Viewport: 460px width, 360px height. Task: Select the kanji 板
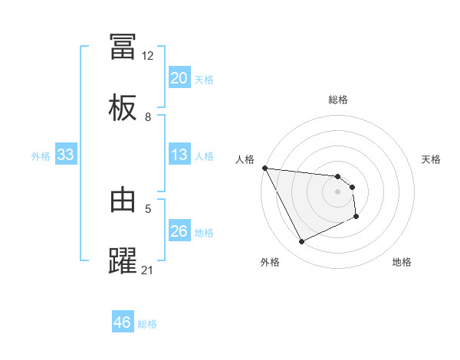(x=123, y=108)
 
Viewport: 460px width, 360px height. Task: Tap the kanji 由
(x=123, y=200)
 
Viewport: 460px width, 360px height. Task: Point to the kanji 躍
(x=123, y=260)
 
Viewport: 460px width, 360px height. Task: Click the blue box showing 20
(x=179, y=78)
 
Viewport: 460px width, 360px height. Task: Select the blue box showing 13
(x=179, y=155)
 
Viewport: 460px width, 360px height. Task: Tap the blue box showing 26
(x=179, y=231)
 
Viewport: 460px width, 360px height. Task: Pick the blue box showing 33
(x=66, y=155)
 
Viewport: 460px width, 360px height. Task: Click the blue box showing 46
(x=123, y=322)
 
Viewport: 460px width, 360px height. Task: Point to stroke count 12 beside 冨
(x=147, y=56)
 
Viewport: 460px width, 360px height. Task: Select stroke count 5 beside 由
(x=148, y=208)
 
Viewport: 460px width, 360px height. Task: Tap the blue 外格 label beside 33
(x=41, y=156)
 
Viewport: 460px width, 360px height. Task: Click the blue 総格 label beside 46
(x=147, y=324)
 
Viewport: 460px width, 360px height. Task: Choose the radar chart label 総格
(x=338, y=100)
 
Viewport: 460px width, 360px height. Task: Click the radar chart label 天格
(x=431, y=159)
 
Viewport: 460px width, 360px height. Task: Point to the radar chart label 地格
(x=402, y=262)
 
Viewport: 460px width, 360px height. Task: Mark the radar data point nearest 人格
(x=264, y=168)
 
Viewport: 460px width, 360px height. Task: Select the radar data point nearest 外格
(x=301, y=242)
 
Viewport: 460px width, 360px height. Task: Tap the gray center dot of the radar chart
(x=338, y=191)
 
